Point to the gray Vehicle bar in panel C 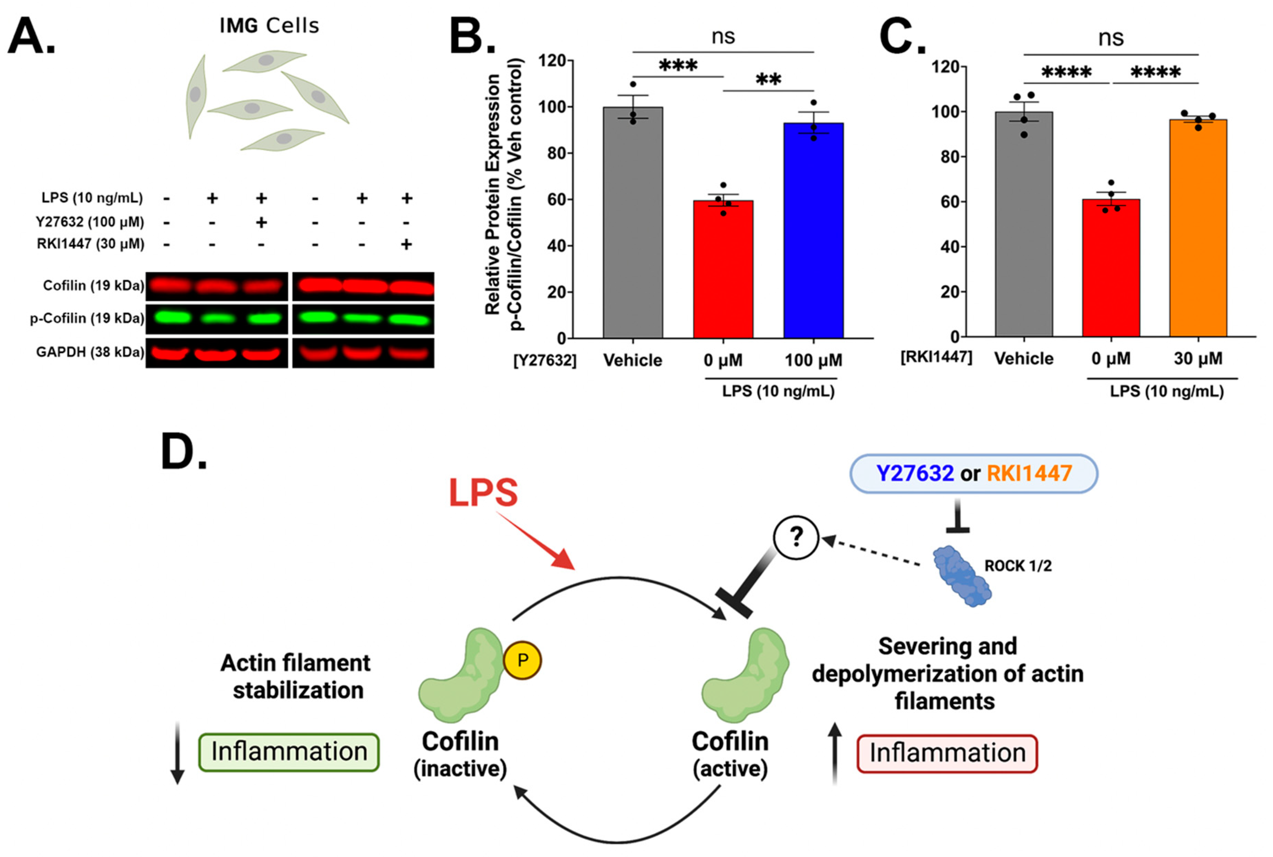1024,224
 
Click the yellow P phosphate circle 522,660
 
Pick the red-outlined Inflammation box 947,753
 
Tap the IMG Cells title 269,26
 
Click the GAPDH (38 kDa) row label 90,352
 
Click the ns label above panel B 723,36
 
